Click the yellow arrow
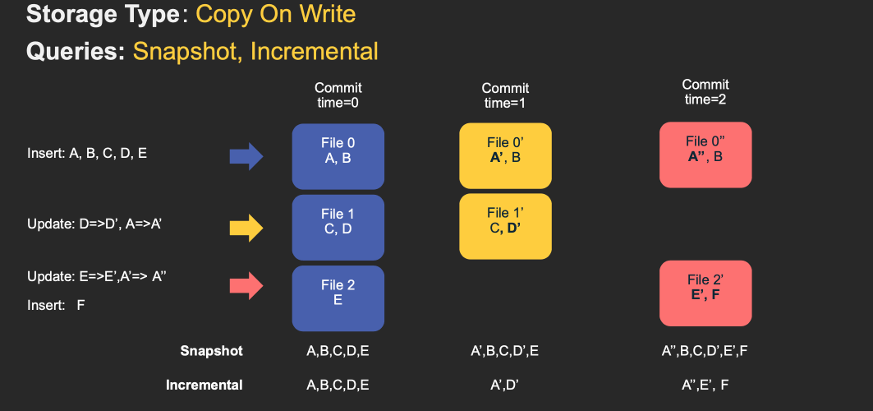245,226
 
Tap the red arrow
245,284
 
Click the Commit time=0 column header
338,95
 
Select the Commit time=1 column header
505,95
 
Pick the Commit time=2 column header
706,92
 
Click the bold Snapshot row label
212,351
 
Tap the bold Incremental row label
204,385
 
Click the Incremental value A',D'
505,385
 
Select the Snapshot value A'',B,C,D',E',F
705,351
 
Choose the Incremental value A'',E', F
705,385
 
